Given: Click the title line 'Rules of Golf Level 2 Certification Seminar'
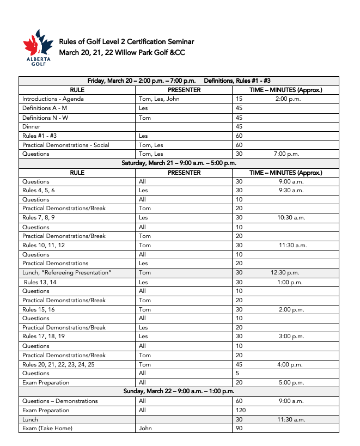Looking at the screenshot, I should pyautogui.click(x=126, y=42).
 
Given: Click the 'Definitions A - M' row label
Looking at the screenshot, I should pyautogui.click(x=45, y=108).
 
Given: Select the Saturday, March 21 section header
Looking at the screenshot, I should pyautogui.click(x=179, y=163).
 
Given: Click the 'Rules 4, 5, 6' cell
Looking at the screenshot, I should pyautogui.click(x=39, y=191).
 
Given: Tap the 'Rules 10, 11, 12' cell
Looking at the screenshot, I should pyautogui.click(x=44, y=246).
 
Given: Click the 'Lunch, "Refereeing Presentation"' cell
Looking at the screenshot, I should pyautogui.click(x=66, y=273).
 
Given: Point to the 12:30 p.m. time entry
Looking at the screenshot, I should pyautogui.click(x=285, y=273).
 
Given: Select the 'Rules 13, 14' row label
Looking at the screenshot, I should pyautogui.click(x=40, y=282).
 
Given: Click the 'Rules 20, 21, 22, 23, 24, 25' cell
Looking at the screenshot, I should pyautogui.click(x=58, y=364).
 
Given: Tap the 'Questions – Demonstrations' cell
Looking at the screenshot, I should pyautogui.click(x=60, y=401).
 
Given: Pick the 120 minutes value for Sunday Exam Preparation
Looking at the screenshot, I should pyautogui.click(x=241, y=411).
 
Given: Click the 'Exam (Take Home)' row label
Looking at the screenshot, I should pyautogui.click(x=47, y=429).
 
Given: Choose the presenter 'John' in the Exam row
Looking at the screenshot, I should pyautogui.click(x=145, y=429).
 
